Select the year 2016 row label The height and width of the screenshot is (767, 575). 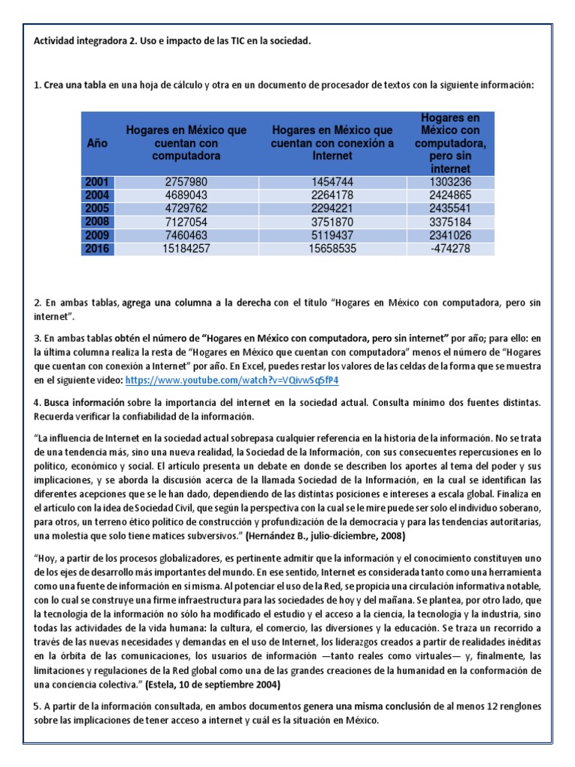click(97, 248)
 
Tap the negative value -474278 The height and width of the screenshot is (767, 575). click(451, 248)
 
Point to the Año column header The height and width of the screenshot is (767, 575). click(97, 142)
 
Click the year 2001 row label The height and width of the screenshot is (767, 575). click(97, 182)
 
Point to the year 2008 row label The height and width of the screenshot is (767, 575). click(97, 222)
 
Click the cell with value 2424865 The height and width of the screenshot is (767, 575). click(451, 195)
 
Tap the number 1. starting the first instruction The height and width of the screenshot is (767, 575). click(37, 85)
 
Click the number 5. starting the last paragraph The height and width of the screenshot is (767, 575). click(37, 706)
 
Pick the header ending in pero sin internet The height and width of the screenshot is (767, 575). click(451, 142)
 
